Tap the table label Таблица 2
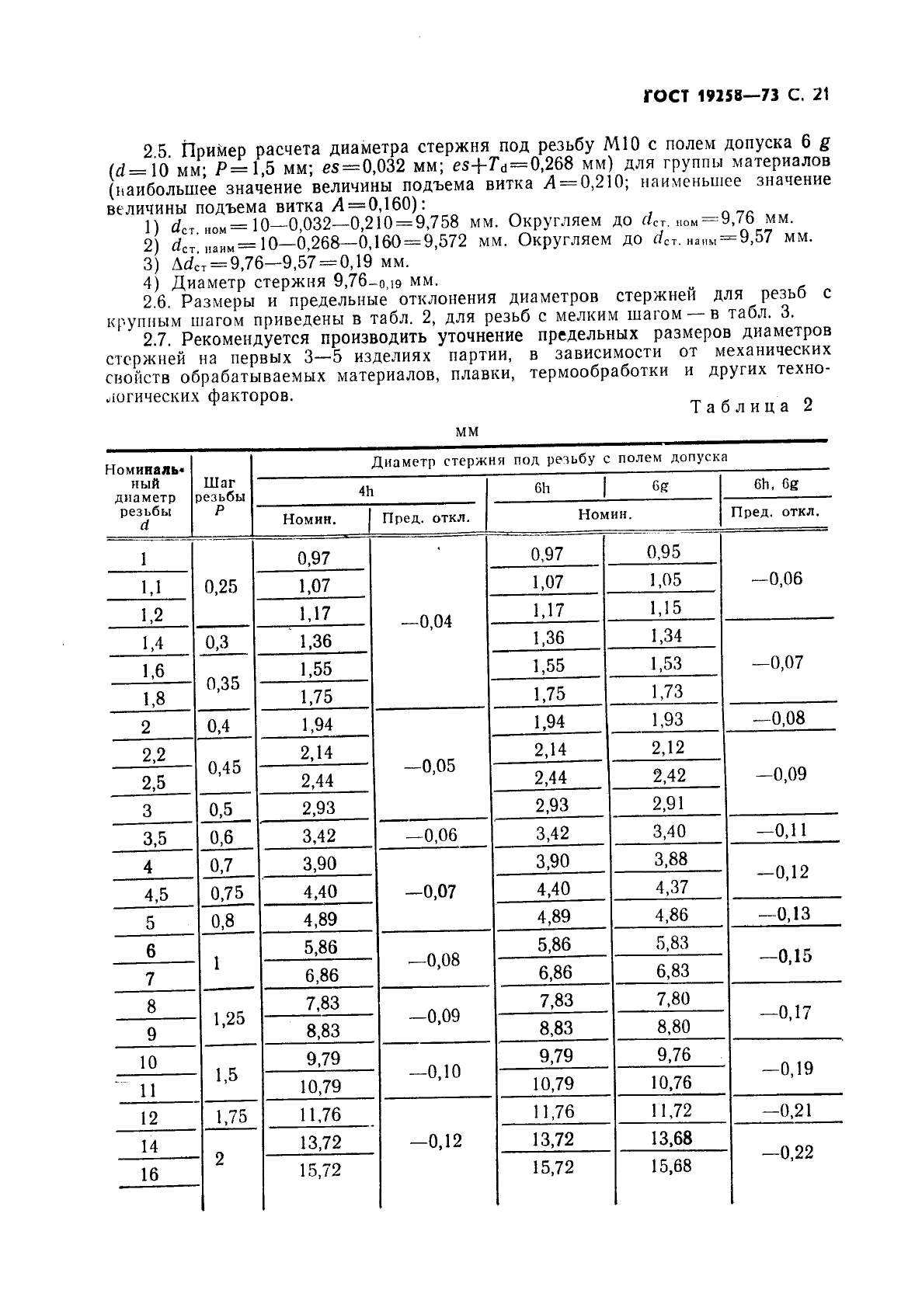pyautogui.click(x=751, y=406)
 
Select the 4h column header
pyautogui.click(x=366, y=491)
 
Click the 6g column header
pyautogui.click(x=660, y=485)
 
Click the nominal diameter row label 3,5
pyautogui.click(x=155, y=839)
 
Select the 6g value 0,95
pyautogui.click(x=663, y=552)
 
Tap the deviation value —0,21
pyautogui.click(x=786, y=1111)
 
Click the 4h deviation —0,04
pyautogui.click(x=430, y=622)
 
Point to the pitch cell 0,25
pyautogui.click(x=221, y=587)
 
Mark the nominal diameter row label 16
pyautogui.click(x=149, y=1174)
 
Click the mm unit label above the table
pyautogui.click(x=468, y=432)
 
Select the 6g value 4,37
pyautogui.click(x=672, y=887)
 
